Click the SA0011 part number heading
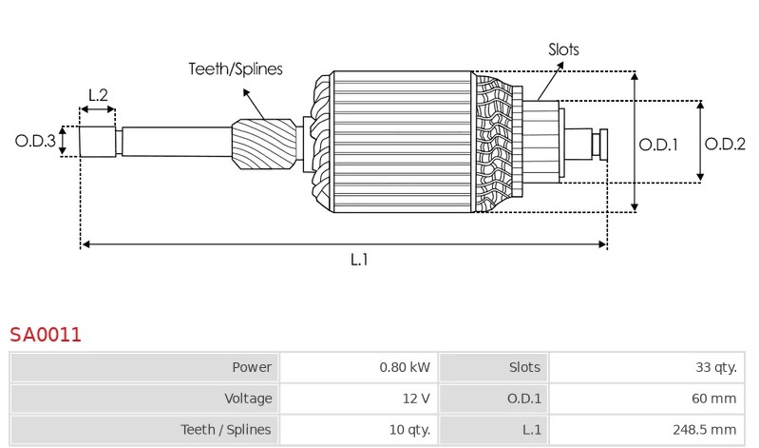pos(46,335)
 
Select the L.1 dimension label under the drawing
pos(359,260)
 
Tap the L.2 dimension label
pos(98,95)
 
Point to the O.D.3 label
pos(35,141)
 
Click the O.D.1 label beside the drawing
pos(658,145)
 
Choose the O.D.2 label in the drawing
pos(725,144)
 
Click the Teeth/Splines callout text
pos(236,68)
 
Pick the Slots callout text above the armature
pos(563,49)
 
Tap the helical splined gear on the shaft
pos(264,144)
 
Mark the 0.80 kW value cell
pos(359,367)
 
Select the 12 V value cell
pos(359,398)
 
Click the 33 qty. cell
pos(647,367)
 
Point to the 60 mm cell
pos(647,398)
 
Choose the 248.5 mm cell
pos(647,429)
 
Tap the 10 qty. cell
pos(359,429)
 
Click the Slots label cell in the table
pos(494,367)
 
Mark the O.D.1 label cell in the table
pos(494,398)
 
